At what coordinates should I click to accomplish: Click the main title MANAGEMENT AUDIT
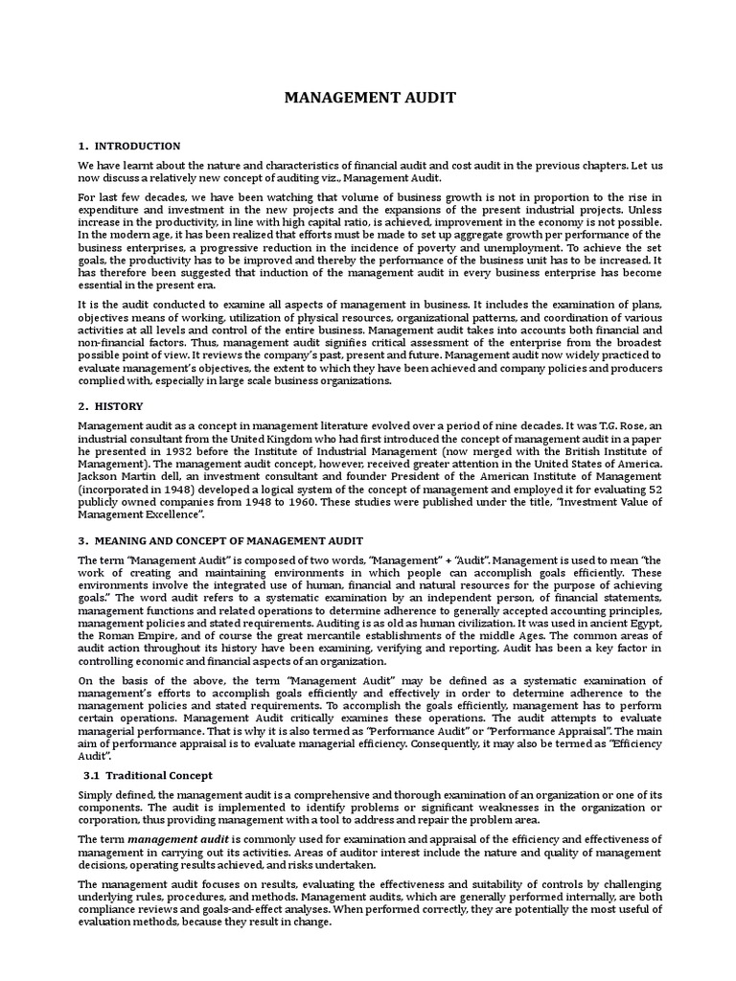pyautogui.click(x=367, y=97)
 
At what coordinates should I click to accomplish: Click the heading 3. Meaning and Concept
pyautogui.click(x=220, y=541)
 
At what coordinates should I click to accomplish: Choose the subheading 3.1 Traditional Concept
pyautogui.click(x=149, y=775)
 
